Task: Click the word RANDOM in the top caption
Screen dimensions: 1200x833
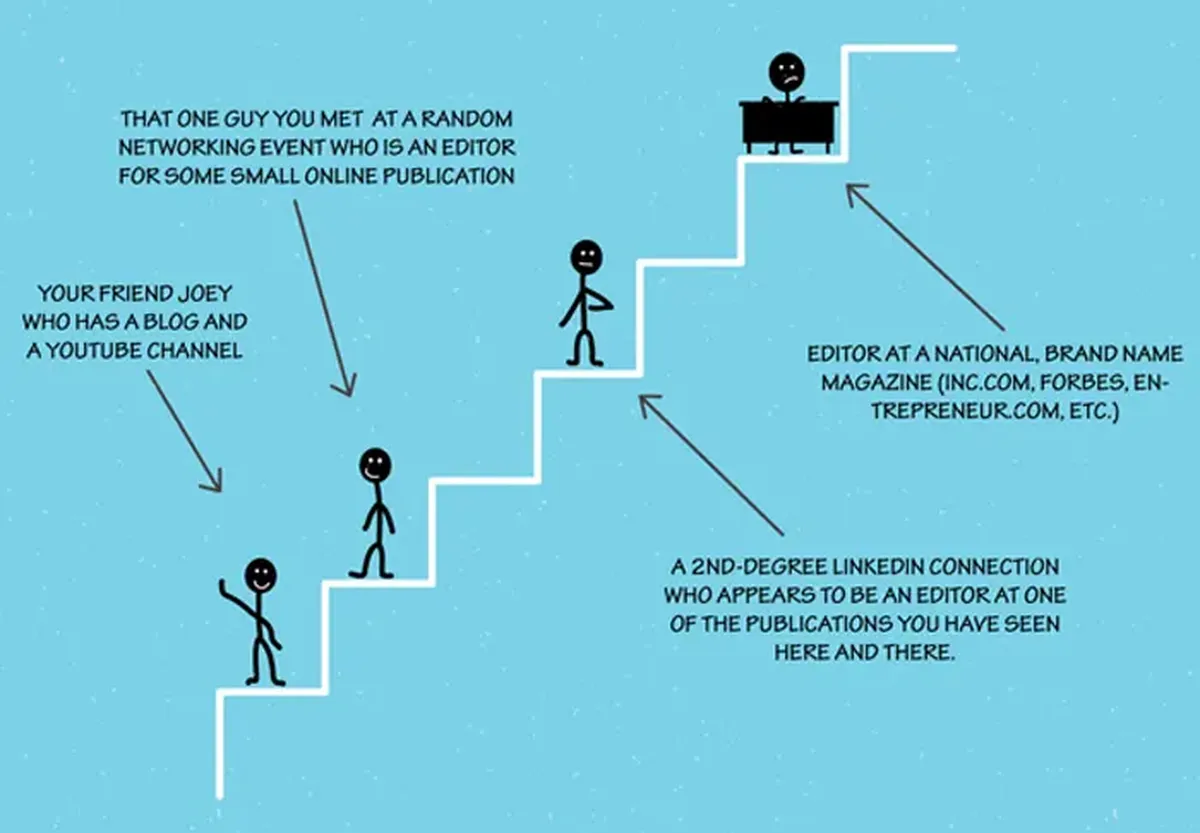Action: pos(467,119)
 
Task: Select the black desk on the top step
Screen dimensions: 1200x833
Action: pos(789,126)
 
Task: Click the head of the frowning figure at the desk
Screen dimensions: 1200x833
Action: pos(786,71)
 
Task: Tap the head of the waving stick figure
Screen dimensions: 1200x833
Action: pos(261,575)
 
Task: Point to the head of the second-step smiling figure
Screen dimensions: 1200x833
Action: pos(375,465)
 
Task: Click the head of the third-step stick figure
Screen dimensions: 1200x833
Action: pos(586,257)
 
